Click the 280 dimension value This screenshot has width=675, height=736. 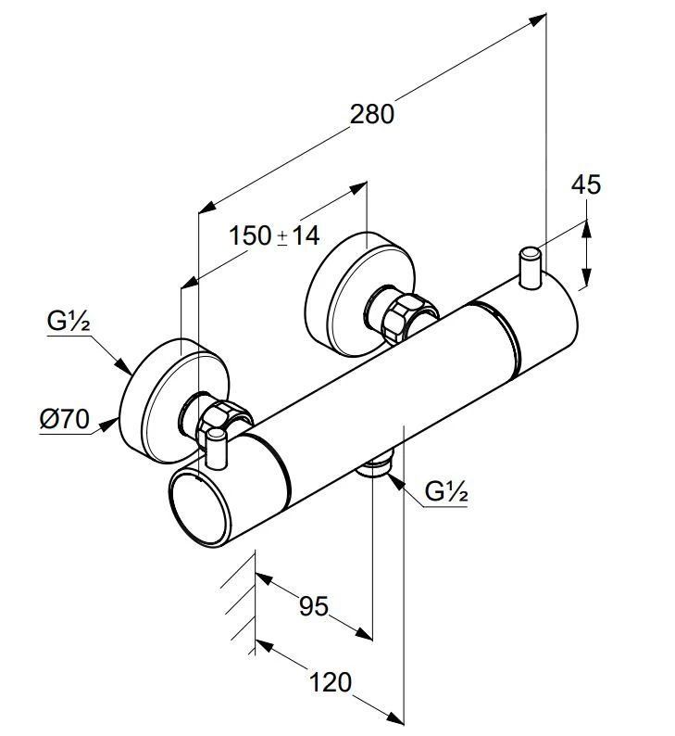372,114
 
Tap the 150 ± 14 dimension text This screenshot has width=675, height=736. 274,235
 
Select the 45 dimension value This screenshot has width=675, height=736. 585,184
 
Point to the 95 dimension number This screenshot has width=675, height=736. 314,606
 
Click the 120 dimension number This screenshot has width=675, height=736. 330,683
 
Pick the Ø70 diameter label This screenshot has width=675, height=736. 64,419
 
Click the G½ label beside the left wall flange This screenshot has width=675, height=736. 67,323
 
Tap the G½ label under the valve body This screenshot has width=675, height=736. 446,492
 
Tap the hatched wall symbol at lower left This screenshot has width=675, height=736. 239,602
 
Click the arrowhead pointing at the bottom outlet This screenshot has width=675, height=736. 391,479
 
